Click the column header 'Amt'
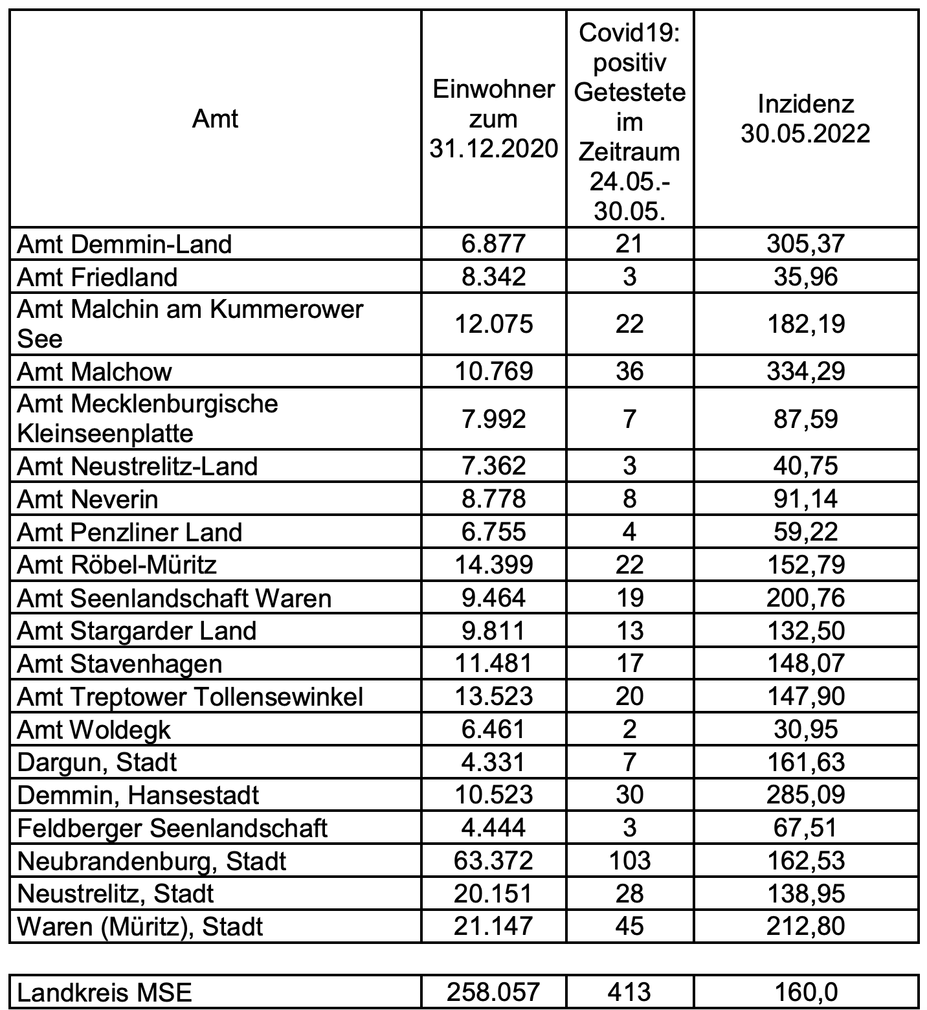click(215, 119)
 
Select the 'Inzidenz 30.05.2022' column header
click(805, 119)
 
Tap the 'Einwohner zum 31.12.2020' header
click(493, 119)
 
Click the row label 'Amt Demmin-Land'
click(124, 244)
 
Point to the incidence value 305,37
click(805, 244)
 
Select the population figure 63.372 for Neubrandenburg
click(493, 861)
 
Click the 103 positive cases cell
click(629, 861)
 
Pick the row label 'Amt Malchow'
click(95, 372)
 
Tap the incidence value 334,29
click(805, 372)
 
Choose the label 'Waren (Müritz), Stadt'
click(140, 926)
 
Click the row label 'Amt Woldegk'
click(94, 730)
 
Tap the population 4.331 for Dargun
click(493, 762)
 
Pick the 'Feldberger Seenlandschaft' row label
click(172, 828)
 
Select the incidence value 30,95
click(805, 730)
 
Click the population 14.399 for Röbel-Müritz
click(493, 565)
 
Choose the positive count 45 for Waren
click(629, 926)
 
